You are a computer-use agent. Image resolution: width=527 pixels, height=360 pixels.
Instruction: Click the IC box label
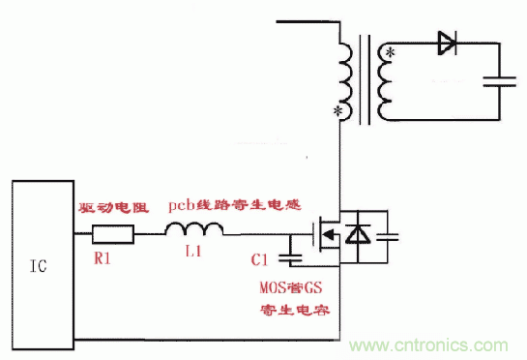click(37, 263)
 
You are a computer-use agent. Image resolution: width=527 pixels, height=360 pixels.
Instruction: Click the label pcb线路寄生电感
click(235, 205)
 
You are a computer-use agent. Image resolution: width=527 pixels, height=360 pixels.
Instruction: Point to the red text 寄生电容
click(293, 312)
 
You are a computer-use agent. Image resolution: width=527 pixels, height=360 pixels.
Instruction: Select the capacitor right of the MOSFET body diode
click(389, 235)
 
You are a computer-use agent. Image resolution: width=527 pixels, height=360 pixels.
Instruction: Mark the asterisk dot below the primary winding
click(338, 114)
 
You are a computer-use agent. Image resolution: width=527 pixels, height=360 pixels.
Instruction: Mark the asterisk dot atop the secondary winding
click(390, 50)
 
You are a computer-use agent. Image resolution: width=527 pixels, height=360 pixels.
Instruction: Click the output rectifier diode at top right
click(446, 42)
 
